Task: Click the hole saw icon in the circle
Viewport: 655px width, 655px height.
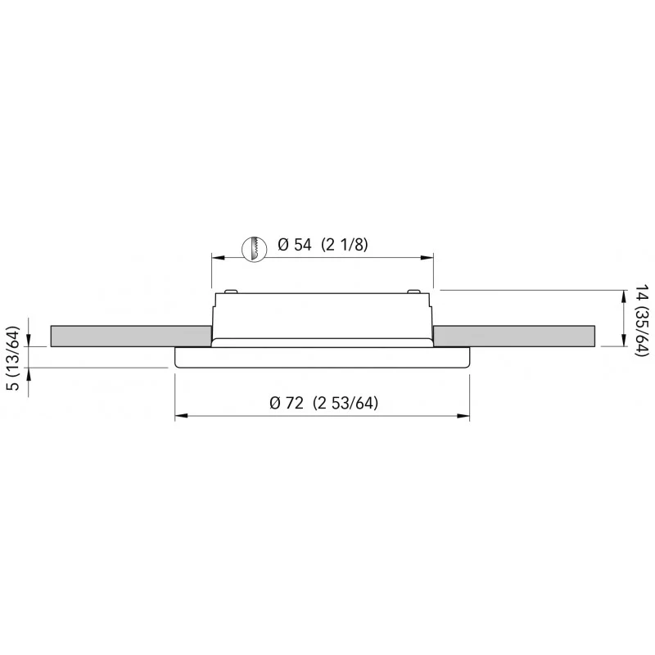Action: (x=255, y=250)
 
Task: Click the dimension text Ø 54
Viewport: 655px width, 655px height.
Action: (x=295, y=244)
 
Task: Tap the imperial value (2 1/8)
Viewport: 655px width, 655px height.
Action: (x=345, y=244)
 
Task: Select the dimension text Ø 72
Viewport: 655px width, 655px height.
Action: (x=287, y=403)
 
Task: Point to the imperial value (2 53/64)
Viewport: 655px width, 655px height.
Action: (x=346, y=403)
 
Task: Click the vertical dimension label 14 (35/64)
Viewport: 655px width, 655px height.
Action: (x=642, y=320)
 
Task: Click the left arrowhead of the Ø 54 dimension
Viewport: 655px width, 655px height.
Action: (x=219, y=257)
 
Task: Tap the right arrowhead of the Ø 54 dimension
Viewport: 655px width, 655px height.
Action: (x=427, y=257)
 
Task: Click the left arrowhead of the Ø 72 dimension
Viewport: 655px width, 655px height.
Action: (x=182, y=416)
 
